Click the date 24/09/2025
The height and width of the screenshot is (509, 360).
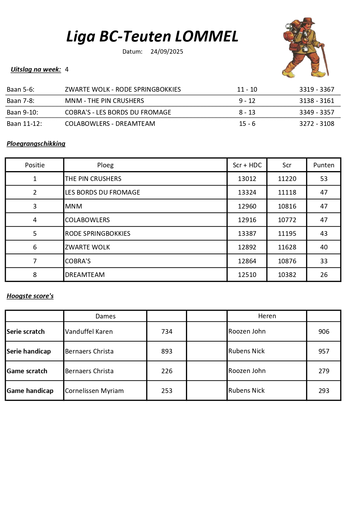tap(167, 52)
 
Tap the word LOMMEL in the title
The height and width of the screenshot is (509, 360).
tap(207, 37)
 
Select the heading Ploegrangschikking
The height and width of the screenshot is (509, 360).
tap(36, 144)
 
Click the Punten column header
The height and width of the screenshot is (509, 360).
tap(324, 165)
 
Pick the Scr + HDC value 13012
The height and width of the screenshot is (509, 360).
tap(247, 179)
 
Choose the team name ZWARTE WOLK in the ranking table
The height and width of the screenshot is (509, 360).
tap(87, 247)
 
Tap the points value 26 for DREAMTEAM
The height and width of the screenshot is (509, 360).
tap(324, 275)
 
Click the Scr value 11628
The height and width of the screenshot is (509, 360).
tap(287, 247)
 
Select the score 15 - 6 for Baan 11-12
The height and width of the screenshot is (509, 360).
tap(247, 124)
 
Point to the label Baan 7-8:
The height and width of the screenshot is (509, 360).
tap(21, 101)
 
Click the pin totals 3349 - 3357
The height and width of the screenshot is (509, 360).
tap(317, 113)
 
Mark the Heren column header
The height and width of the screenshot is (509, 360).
tap(267, 316)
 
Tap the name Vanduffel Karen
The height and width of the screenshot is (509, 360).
tap(89, 332)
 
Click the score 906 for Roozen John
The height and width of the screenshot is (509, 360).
tap(324, 332)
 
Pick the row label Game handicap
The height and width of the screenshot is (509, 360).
tap(30, 391)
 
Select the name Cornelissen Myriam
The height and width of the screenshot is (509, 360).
tap(94, 391)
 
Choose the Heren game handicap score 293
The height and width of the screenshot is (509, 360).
tap(324, 391)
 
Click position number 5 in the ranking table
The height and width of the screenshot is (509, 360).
tap(35, 234)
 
